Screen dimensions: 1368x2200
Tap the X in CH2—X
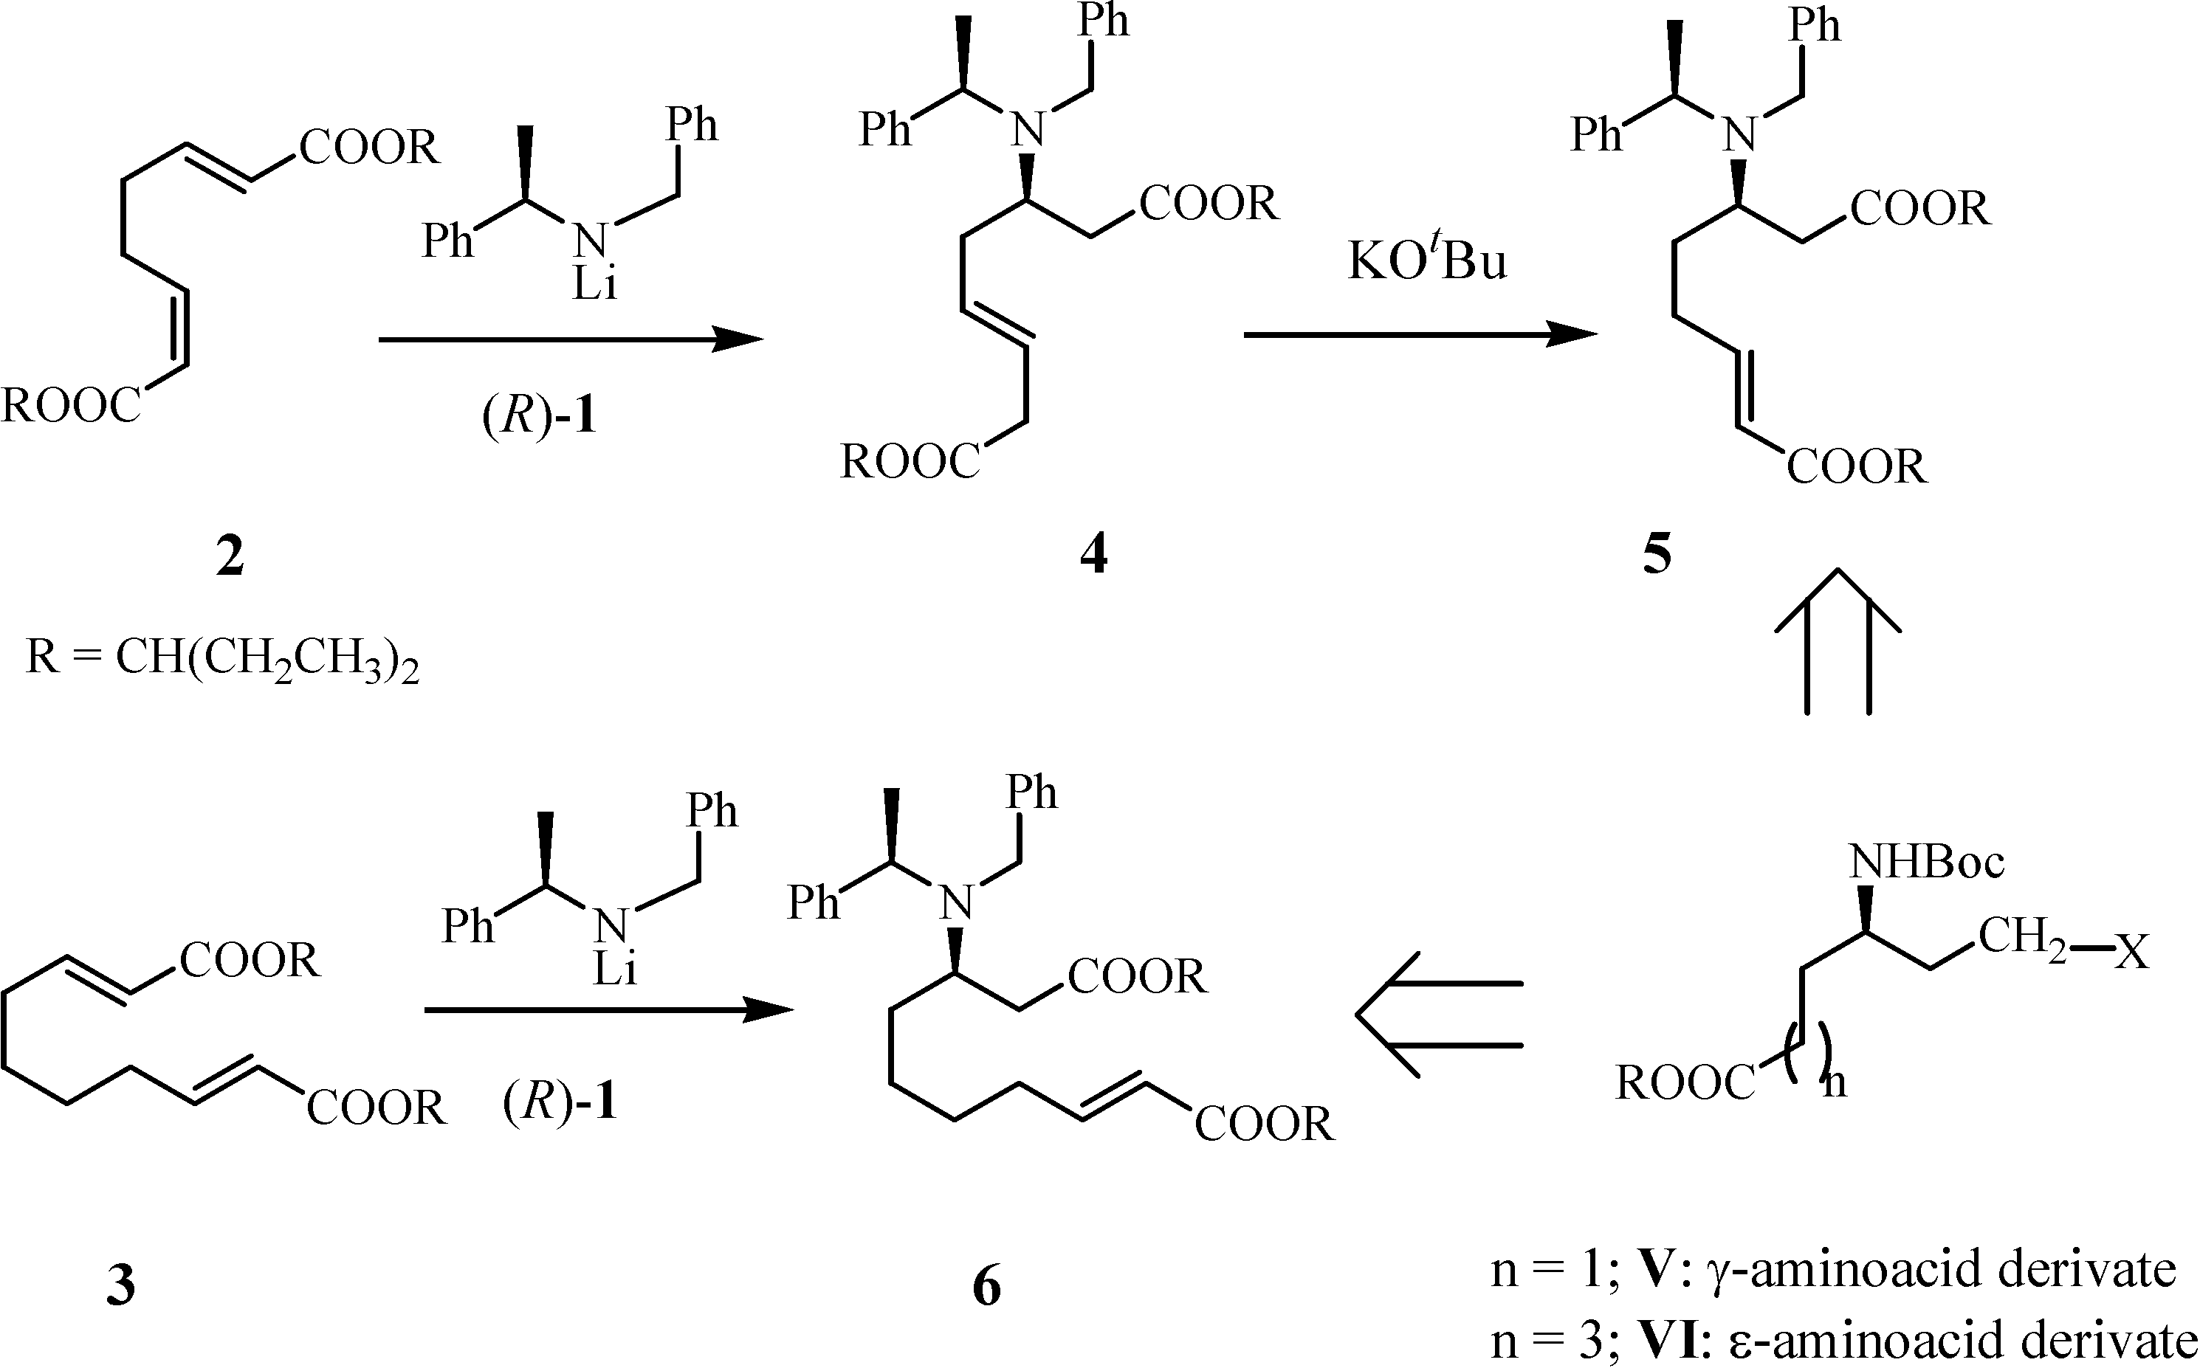(2131, 953)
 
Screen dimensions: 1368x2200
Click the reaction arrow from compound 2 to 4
(570, 339)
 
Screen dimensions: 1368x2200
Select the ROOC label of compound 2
(71, 405)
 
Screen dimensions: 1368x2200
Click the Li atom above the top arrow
(594, 285)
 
